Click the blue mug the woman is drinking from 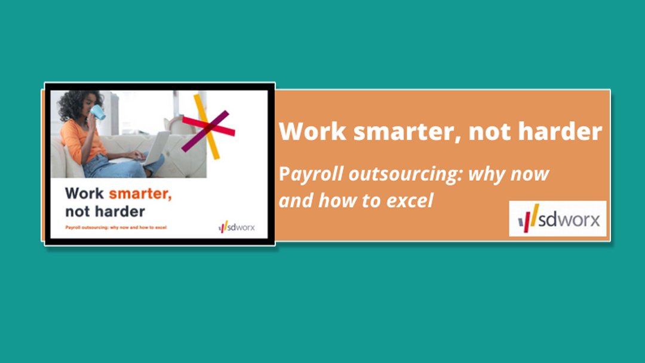98,112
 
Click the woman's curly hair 75,105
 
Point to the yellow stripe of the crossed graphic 207,126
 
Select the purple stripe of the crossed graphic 205,131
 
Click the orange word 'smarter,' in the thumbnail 140,193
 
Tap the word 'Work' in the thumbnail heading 85,193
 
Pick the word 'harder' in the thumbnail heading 120,211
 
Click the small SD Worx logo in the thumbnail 236,226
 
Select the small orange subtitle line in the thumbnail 116,227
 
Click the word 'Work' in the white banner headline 312,131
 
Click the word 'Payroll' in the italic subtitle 311,174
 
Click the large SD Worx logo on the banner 558,219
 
